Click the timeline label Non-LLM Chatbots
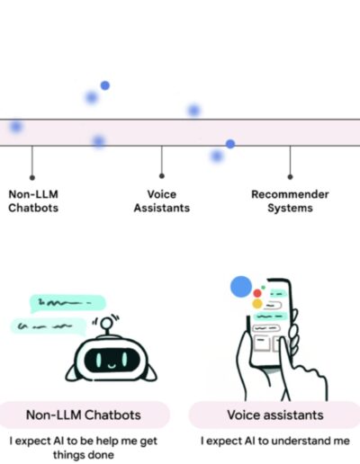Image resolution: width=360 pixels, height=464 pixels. pyautogui.click(x=33, y=201)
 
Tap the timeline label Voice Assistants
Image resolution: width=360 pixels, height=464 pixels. pyautogui.click(x=162, y=201)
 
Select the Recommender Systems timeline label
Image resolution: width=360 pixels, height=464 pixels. pyautogui.click(x=290, y=201)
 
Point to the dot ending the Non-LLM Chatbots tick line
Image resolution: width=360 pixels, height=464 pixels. pyautogui.click(x=32, y=178)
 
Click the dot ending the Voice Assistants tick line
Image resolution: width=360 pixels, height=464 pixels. pyautogui.click(x=162, y=176)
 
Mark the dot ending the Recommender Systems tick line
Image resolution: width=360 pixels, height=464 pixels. pyautogui.click(x=290, y=177)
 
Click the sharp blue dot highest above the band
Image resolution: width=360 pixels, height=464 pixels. pyautogui.click(x=105, y=85)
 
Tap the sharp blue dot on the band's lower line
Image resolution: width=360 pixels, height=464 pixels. pyautogui.click(x=230, y=144)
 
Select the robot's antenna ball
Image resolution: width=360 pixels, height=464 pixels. pyautogui.click(x=106, y=323)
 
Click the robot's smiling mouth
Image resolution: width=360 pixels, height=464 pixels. pyautogui.click(x=112, y=366)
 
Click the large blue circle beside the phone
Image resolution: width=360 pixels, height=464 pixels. pyautogui.click(x=241, y=287)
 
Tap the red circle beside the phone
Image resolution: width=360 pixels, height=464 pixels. pyautogui.click(x=257, y=293)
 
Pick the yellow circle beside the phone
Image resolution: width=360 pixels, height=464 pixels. pyautogui.click(x=257, y=304)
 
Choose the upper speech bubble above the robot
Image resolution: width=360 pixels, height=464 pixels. pyautogui.click(x=67, y=303)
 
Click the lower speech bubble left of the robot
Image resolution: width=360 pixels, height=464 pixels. pyautogui.click(x=48, y=326)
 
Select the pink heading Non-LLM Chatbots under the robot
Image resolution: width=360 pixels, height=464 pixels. pyautogui.click(x=84, y=415)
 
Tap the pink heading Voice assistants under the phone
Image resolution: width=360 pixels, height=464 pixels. pyautogui.click(x=275, y=415)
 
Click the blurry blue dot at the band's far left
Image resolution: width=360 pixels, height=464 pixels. pyautogui.click(x=16, y=126)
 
